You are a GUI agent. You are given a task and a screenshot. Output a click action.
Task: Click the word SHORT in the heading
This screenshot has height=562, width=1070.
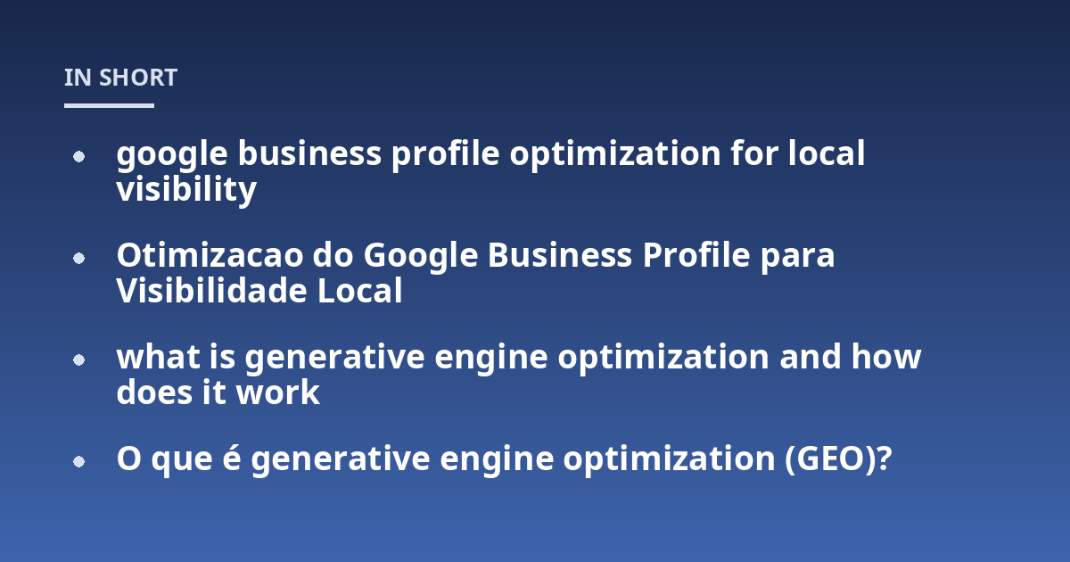pos(138,78)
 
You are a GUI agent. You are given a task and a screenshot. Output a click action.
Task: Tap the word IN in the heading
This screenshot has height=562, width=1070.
pos(78,78)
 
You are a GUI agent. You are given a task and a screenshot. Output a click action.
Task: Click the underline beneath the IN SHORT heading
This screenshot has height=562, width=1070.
pos(109,105)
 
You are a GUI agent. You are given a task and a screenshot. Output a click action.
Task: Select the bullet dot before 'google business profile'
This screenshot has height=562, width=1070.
pos(78,156)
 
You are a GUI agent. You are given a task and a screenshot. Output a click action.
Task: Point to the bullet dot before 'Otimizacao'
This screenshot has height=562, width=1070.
pos(78,258)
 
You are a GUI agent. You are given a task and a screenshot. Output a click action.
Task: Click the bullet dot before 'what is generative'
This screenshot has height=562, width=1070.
pos(78,360)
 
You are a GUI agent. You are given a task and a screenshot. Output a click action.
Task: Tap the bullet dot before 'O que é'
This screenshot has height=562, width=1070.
pos(78,462)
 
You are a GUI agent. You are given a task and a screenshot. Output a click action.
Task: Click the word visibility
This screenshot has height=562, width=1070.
pos(186,190)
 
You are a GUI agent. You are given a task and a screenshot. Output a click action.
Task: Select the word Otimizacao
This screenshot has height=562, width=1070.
pos(210,255)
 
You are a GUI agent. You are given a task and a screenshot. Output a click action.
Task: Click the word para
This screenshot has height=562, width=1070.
pos(798,258)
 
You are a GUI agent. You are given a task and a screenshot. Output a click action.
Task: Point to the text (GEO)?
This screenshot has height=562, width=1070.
pos(838,459)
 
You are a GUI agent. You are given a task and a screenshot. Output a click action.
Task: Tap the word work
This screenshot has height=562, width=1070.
pos(278,393)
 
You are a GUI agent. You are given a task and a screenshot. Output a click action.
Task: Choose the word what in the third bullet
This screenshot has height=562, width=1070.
pos(158,357)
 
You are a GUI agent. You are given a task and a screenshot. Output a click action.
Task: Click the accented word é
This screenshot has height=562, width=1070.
pos(232,458)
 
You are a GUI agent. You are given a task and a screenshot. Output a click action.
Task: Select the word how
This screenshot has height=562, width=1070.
pos(886,357)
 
